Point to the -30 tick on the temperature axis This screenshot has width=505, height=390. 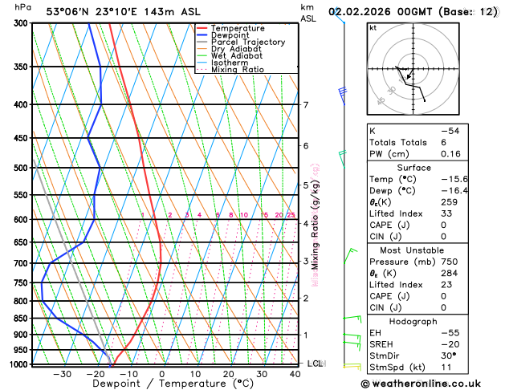click(61, 374)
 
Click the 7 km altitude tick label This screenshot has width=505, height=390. click(305, 105)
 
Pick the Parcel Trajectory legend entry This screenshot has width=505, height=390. click(248, 42)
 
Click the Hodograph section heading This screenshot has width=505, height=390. click(432, 321)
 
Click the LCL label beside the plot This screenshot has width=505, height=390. click(315, 364)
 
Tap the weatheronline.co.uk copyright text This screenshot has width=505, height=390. click(432, 384)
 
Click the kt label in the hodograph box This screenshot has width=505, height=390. click(373, 27)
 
